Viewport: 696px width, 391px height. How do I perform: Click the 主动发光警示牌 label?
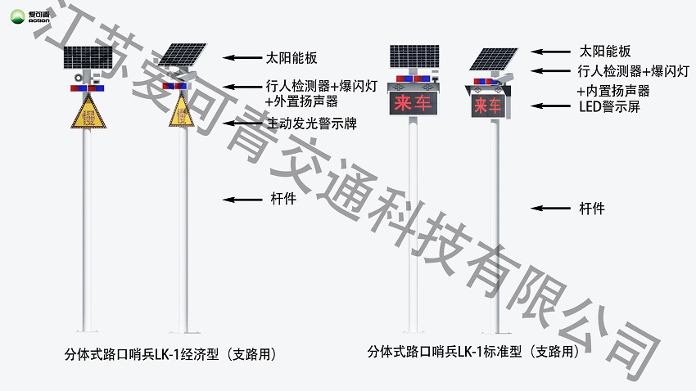[311, 124]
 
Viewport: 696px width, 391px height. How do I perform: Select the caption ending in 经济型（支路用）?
[178, 355]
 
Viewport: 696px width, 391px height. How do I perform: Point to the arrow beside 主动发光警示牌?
[243, 124]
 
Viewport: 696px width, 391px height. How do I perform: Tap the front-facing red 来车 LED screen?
[412, 104]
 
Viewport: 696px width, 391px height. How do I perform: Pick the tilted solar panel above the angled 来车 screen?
[494, 60]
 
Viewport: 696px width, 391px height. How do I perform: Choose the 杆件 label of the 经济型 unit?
[282, 199]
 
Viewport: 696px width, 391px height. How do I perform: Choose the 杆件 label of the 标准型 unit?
[591, 209]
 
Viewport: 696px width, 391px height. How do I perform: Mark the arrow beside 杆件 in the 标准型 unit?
[546, 209]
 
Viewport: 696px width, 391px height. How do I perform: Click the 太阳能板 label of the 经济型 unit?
[292, 58]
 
